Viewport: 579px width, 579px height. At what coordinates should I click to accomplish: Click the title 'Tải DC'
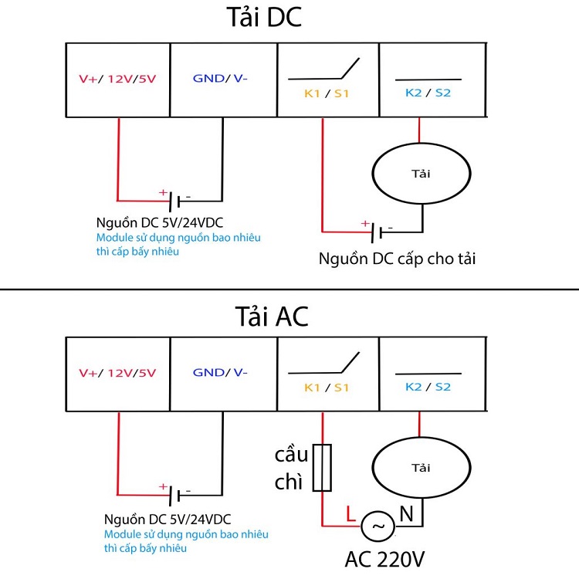tap(264, 17)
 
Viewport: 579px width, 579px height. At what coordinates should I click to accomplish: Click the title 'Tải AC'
tap(272, 317)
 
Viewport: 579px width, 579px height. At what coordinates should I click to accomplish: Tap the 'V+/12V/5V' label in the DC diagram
tap(117, 79)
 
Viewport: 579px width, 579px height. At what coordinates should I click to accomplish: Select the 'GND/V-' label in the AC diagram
tap(220, 372)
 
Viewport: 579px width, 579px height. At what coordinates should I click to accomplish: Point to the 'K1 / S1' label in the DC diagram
tap(327, 93)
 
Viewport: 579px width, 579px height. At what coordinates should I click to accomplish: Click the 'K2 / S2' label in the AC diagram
tap(428, 387)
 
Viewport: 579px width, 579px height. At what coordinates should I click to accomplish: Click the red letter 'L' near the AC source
tap(350, 513)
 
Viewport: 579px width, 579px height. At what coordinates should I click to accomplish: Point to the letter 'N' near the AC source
tap(406, 513)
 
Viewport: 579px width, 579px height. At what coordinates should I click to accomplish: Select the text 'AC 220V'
tap(384, 559)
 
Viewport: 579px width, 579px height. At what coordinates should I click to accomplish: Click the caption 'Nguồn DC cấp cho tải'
tap(397, 259)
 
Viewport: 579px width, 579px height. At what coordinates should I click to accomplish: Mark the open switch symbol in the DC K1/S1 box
tap(323, 69)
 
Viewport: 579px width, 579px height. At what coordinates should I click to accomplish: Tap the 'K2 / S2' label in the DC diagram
tap(428, 93)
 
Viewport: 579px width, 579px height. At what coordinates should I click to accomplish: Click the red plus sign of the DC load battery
tap(365, 223)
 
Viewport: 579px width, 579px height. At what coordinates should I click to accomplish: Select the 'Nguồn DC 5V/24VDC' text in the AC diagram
tap(168, 520)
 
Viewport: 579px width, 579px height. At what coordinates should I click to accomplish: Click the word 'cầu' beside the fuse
tap(291, 455)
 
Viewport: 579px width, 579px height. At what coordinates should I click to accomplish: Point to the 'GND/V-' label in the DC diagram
tap(220, 78)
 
